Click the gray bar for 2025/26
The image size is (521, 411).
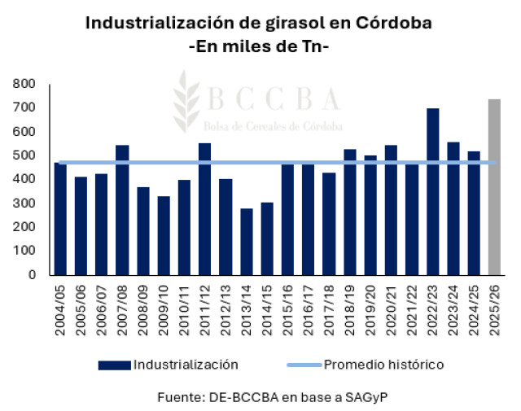(494, 186)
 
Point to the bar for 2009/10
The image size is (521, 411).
(164, 235)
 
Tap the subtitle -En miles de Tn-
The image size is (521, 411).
(259, 46)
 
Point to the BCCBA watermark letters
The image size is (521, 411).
(274, 99)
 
